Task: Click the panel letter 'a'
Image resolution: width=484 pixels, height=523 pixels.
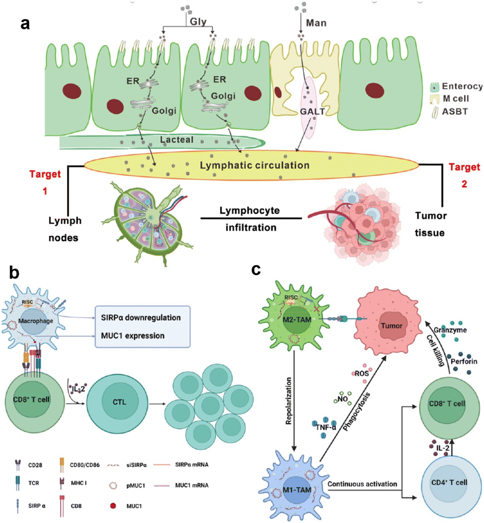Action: [x=25, y=24]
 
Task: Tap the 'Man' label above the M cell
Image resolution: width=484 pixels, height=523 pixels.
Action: [x=316, y=23]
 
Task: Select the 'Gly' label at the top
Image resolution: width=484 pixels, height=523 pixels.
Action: [x=198, y=22]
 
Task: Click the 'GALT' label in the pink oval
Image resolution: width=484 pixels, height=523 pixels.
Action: [x=312, y=112]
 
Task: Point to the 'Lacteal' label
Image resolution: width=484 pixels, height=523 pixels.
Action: [x=177, y=140]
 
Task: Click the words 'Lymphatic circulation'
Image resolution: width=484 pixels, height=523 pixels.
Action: [x=255, y=165]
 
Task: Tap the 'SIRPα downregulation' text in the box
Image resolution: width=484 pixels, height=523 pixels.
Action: [x=141, y=318]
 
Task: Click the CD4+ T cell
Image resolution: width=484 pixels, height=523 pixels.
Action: [x=449, y=483]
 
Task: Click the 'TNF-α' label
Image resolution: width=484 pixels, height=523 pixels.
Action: [x=326, y=427]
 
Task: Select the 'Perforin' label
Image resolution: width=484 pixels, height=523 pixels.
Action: [x=464, y=362]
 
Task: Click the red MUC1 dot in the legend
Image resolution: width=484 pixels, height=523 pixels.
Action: [x=113, y=506]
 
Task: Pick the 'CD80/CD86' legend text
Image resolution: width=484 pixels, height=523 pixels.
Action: [x=85, y=465]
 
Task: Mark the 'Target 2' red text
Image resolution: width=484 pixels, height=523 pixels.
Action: [x=464, y=175]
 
